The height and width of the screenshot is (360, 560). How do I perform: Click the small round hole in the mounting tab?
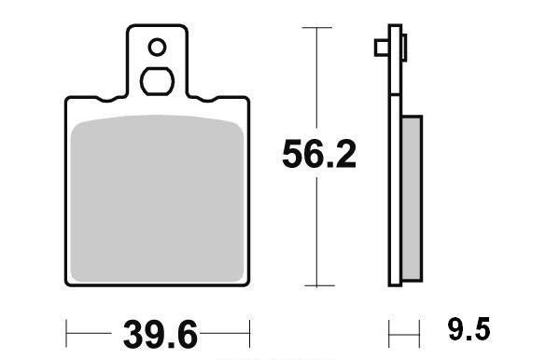[157, 47]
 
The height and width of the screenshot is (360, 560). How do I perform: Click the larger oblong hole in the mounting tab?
[157, 81]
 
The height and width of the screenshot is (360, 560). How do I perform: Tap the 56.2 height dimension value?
[319, 155]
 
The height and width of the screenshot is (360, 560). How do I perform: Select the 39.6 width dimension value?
[161, 335]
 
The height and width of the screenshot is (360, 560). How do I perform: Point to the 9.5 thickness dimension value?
[469, 329]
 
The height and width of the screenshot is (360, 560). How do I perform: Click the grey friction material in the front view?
[157, 199]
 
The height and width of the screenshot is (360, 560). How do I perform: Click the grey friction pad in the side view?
[412, 199]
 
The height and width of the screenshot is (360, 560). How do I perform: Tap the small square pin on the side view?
[382, 48]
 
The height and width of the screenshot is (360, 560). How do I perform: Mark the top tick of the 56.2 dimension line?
[316, 27]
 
